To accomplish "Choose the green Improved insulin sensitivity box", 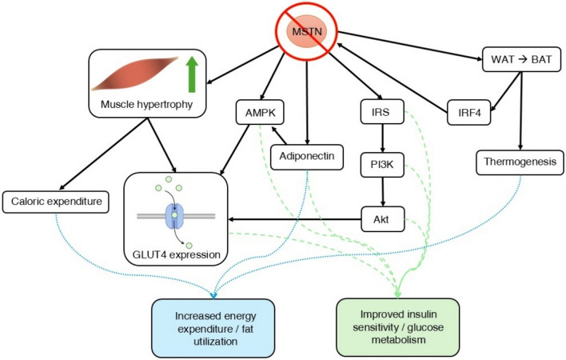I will pos(398,323).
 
